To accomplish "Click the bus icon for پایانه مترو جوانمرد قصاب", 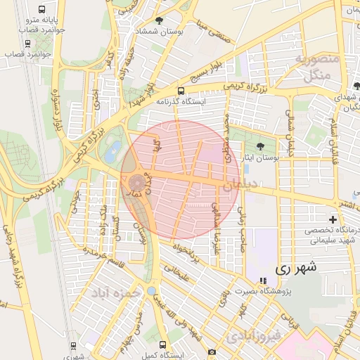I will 41,10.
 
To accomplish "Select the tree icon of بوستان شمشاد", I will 159,21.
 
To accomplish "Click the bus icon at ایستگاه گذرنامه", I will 181,91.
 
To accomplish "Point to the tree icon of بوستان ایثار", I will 261,147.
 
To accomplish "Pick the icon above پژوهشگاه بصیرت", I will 263,281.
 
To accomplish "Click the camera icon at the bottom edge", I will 212,351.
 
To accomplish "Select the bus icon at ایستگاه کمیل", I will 163,345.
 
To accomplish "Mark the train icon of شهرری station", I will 74,345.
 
